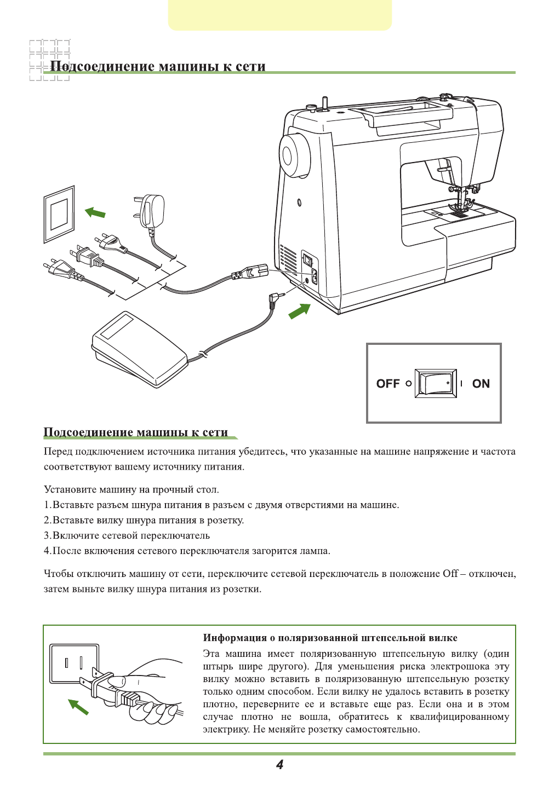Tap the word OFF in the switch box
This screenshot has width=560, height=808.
(x=388, y=384)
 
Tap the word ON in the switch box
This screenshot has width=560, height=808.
(x=481, y=384)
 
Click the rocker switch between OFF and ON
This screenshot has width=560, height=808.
(x=436, y=383)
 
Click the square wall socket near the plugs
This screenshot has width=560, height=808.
(x=59, y=213)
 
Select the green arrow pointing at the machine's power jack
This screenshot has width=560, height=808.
(x=299, y=311)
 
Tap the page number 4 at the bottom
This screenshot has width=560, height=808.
(x=279, y=765)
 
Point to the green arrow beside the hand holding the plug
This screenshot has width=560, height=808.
(x=78, y=707)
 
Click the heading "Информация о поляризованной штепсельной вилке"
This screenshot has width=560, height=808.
(x=330, y=638)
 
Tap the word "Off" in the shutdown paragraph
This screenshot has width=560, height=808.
(x=450, y=574)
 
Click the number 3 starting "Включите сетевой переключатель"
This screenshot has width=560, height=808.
(x=47, y=535)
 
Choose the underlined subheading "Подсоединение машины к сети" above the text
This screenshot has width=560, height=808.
(x=135, y=432)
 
